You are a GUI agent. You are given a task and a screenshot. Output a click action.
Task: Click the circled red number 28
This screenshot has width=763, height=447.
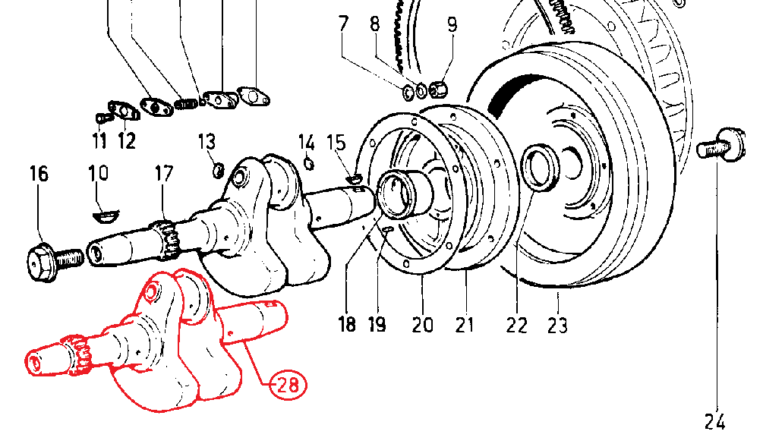(x=288, y=386)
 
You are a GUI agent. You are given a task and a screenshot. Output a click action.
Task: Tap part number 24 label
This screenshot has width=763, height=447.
(x=715, y=422)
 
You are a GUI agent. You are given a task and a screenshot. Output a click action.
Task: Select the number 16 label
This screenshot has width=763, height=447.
(x=39, y=174)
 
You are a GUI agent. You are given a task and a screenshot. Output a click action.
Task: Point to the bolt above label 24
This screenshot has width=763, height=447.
(x=721, y=145)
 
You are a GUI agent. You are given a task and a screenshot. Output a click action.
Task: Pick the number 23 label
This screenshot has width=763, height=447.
(x=557, y=326)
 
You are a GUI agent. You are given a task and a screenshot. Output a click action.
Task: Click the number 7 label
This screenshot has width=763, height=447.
(x=344, y=24)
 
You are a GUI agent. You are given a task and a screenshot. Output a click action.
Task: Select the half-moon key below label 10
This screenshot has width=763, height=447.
(x=106, y=216)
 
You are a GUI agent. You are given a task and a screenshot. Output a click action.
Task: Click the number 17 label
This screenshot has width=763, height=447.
(x=164, y=174)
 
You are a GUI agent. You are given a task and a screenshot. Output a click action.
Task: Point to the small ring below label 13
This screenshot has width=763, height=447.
(x=219, y=170)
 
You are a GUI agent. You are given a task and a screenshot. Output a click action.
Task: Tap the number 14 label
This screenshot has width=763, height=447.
(x=306, y=143)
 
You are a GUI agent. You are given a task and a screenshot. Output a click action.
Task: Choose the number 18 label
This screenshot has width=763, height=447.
(x=347, y=324)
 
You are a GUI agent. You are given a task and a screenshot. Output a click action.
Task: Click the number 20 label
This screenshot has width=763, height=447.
(x=422, y=325)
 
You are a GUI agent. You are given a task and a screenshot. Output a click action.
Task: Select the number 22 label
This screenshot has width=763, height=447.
(x=516, y=326)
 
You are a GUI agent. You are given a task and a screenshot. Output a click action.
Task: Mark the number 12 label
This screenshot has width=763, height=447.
(x=127, y=141)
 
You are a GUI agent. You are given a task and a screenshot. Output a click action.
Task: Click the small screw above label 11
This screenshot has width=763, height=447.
(x=102, y=117)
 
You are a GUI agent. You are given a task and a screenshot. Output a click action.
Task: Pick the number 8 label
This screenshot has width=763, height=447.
(x=375, y=24)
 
